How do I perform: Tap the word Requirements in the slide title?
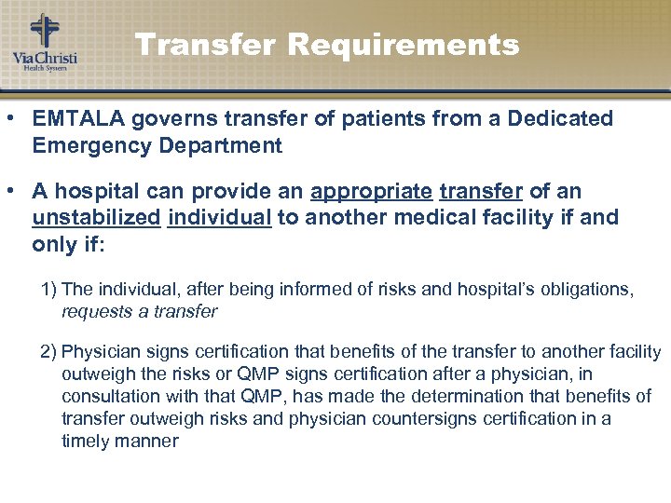tap(404, 45)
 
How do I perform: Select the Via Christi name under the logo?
tap(45, 59)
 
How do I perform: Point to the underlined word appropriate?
tap(371, 193)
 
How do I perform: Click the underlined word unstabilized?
tap(96, 219)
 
